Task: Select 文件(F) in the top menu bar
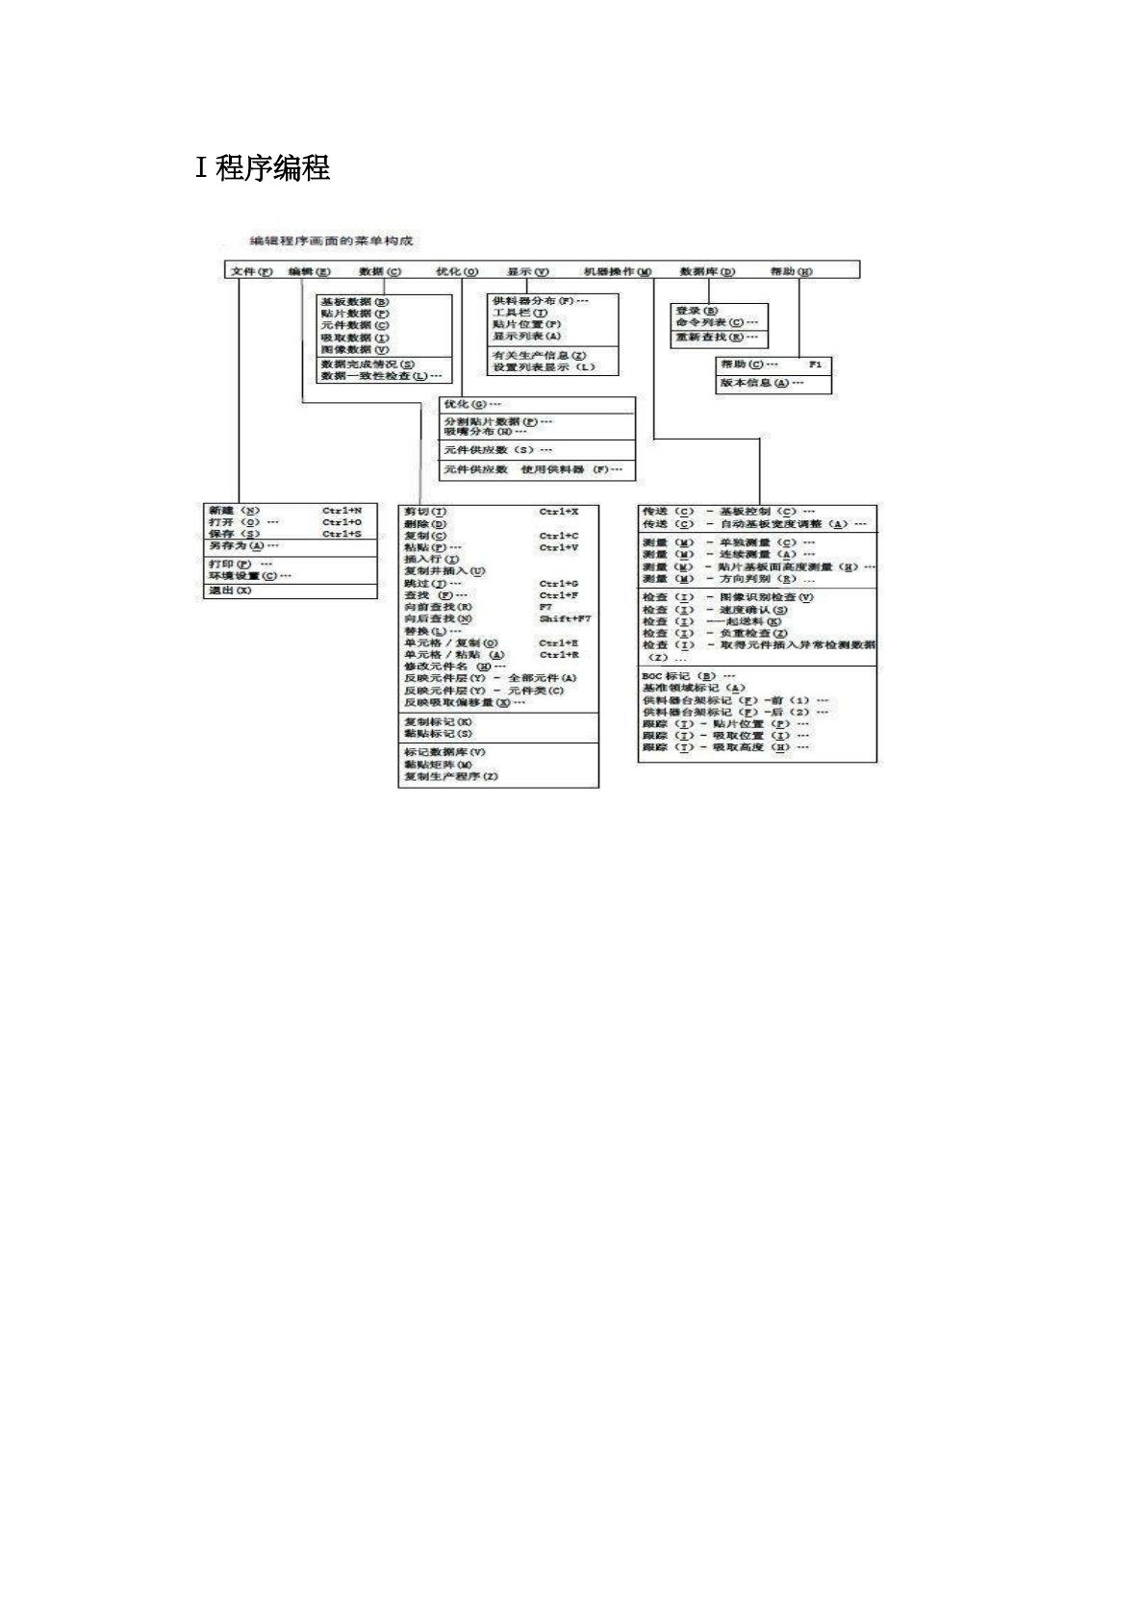tap(252, 271)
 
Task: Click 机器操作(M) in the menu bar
tap(617, 271)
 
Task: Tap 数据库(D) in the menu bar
tap(706, 271)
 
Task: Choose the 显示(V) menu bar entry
tap(527, 271)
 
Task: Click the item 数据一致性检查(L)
tap(381, 376)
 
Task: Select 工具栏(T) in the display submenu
tap(519, 313)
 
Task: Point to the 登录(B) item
tap(697, 311)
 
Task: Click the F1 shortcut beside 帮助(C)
tap(815, 365)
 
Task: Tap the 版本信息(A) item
tap(762, 383)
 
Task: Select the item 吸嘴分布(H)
tap(485, 432)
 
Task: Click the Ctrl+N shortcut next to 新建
tap(342, 510)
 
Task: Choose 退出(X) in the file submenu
tap(230, 591)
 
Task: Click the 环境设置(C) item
tap(249, 575)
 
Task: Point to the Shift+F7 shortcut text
tap(565, 618)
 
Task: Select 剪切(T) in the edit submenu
tap(425, 511)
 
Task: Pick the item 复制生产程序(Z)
tap(451, 776)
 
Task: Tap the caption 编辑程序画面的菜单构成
tap(331, 240)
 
